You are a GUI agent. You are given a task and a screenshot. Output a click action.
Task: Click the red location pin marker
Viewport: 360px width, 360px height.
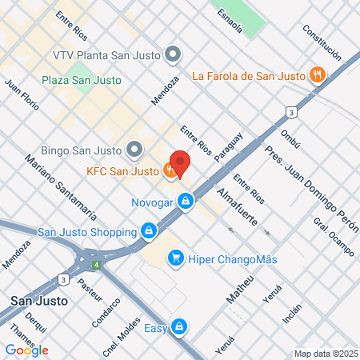point(181,162)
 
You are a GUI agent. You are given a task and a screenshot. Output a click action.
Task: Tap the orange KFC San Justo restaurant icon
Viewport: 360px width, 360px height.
point(170,170)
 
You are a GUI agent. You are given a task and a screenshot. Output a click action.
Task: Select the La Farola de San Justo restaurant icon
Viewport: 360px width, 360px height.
point(318,76)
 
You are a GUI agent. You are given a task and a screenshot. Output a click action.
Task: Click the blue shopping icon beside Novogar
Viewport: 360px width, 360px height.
point(186,202)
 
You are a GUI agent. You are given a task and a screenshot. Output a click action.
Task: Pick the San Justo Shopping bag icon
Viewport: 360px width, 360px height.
point(148,232)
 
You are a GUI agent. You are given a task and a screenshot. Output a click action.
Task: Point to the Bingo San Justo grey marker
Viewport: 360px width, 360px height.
point(134,150)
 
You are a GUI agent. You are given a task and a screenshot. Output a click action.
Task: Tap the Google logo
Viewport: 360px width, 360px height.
point(26,350)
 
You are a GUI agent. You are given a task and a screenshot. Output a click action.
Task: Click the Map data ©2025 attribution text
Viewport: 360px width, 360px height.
point(325,354)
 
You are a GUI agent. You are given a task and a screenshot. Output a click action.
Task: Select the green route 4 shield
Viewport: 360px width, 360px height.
point(96,264)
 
